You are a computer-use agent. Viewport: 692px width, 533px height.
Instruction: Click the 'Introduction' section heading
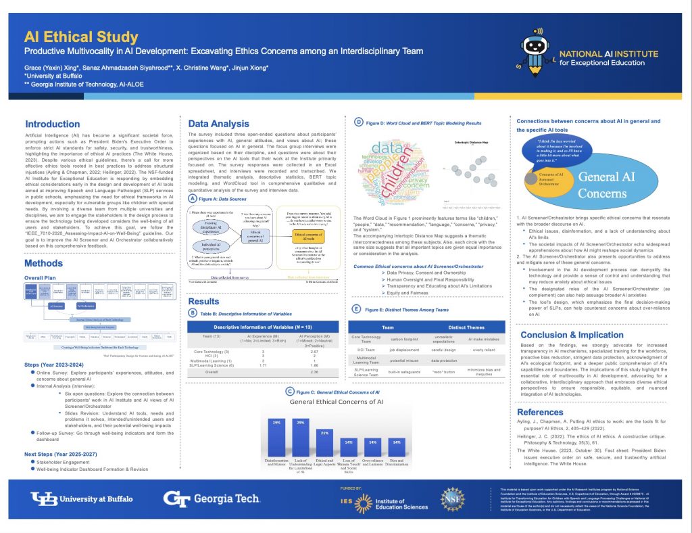tap(52, 124)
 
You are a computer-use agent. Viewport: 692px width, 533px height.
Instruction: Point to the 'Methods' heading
tap(44, 263)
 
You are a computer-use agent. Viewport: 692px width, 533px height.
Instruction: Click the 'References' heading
tap(549, 411)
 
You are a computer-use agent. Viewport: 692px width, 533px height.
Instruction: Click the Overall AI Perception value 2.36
tap(314, 371)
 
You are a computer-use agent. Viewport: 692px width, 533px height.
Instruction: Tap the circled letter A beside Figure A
tap(193, 200)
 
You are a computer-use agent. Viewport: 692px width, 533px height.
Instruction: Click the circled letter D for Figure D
tap(359, 122)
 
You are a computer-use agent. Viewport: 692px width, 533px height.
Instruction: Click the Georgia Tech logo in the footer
tap(211, 499)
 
